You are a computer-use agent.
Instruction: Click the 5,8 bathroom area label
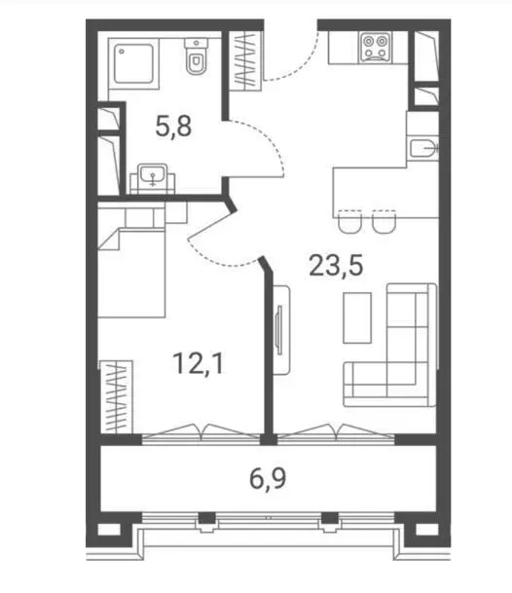[x=173, y=127]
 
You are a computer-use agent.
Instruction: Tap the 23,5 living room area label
[x=336, y=266]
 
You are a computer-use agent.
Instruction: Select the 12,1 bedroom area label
[x=199, y=363]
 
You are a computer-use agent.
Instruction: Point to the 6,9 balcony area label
[x=268, y=478]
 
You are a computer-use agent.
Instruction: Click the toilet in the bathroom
[x=197, y=56]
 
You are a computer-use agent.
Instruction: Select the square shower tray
[x=133, y=63]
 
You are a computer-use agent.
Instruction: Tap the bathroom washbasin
[x=153, y=175]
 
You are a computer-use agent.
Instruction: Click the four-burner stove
[x=375, y=47]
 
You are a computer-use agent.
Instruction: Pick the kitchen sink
[x=424, y=149]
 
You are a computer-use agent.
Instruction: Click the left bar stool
[x=350, y=222]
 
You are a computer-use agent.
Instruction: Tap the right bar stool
[x=384, y=222]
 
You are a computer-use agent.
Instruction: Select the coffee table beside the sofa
[x=357, y=317]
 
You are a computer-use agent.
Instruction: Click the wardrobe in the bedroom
[x=117, y=396]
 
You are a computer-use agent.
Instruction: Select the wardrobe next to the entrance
[x=245, y=61]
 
